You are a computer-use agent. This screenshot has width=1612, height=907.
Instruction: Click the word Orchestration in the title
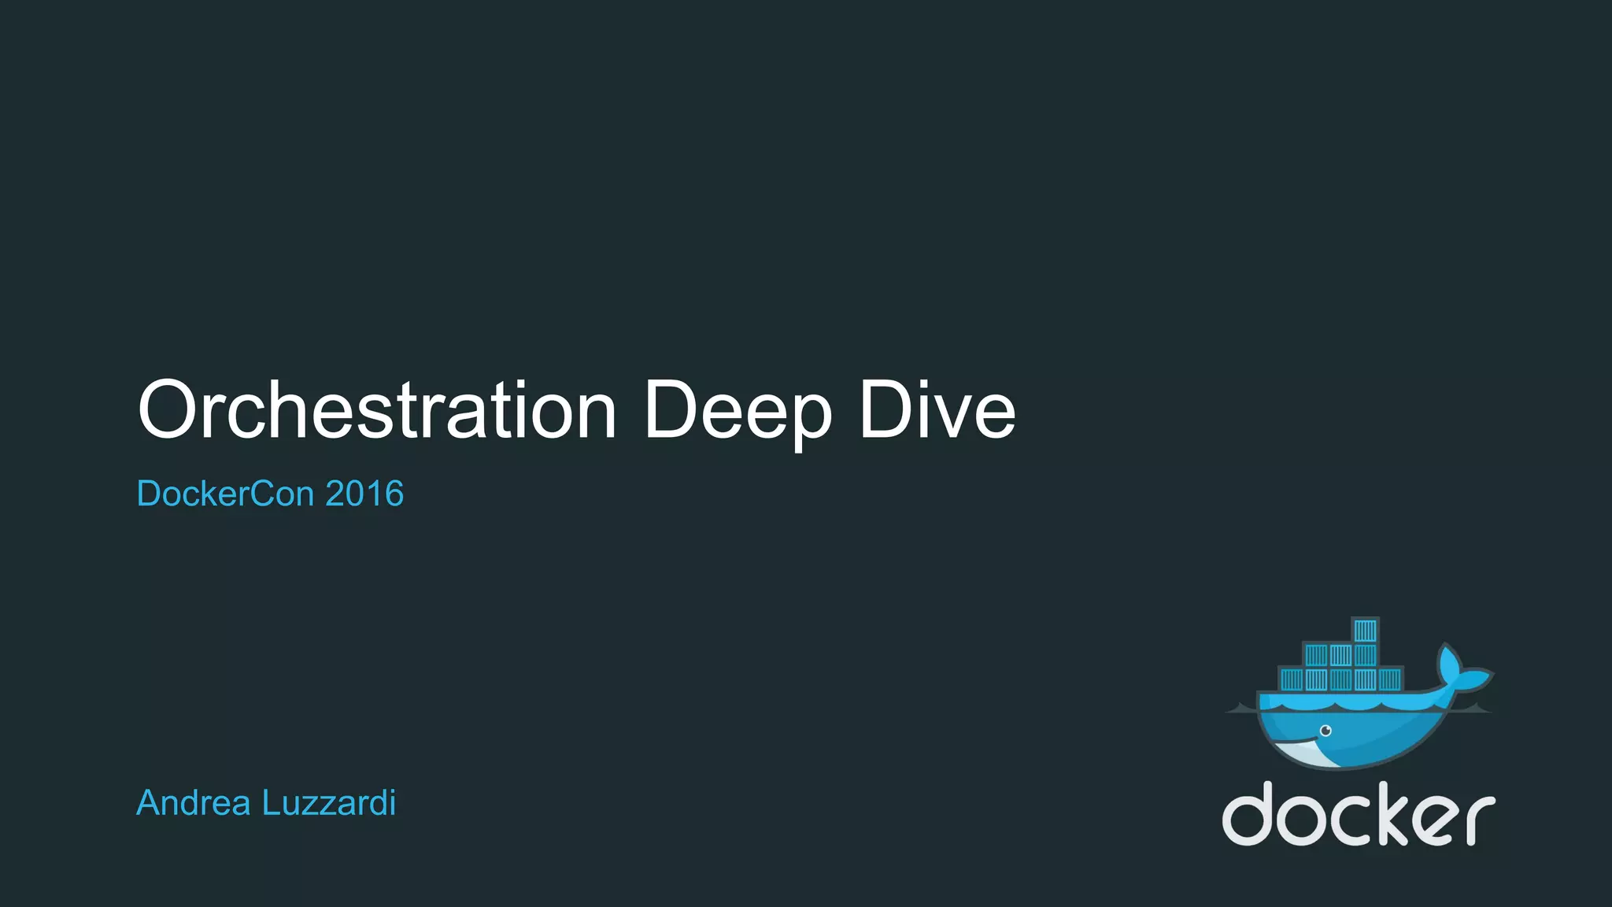tap(377, 410)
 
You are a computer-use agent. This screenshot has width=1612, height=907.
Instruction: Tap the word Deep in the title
tap(738, 410)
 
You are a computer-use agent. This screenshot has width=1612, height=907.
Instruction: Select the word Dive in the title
tap(937, 410)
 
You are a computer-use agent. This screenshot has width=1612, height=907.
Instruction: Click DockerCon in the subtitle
tap(225, 494)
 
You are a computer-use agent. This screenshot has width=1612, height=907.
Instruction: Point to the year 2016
tap(364, 494)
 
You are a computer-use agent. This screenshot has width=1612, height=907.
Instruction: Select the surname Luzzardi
tap(328, 803)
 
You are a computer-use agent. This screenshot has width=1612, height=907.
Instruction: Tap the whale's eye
tap(1325, 731)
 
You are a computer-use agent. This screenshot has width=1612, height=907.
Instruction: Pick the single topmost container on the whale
tap(1365, 631)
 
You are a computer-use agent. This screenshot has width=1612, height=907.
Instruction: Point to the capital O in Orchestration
tap(166, 410)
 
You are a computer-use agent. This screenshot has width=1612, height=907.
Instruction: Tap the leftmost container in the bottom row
tap(1292, 679)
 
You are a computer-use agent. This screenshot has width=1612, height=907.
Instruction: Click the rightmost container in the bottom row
tap(1389, 679)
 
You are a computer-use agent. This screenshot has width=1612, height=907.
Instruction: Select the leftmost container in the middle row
tap(1316, 655)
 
